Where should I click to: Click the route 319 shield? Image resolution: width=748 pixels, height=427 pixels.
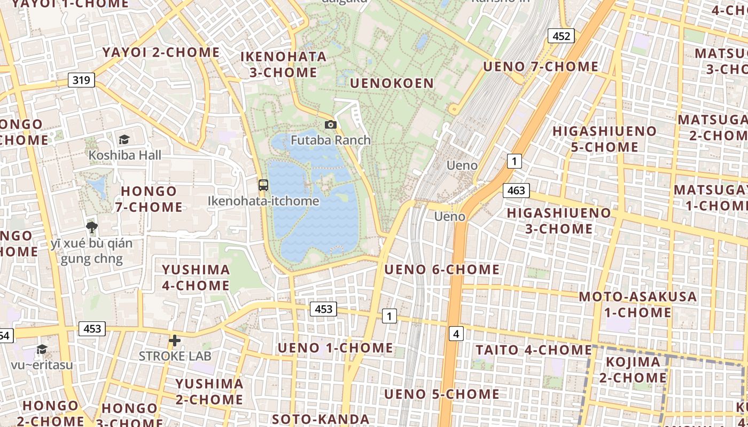point(81,80)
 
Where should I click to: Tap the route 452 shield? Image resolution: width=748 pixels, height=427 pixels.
point(561,36)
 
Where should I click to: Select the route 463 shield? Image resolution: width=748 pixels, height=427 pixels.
point(516,190)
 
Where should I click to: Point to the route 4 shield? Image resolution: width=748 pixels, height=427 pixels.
point(455,334)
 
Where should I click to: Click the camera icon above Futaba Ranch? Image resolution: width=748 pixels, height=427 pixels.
point(331,124)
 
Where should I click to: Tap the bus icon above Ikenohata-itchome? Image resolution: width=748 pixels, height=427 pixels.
point(263,185)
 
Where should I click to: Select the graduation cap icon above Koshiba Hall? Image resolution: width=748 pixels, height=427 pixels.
point(124,139)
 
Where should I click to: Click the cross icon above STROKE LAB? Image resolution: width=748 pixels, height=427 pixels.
point(175,340)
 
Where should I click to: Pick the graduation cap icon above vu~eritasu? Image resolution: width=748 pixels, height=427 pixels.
point(42,349)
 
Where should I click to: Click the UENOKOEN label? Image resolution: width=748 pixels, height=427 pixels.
point(392,83)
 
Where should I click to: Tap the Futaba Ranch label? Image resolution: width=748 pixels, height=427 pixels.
point(331,140)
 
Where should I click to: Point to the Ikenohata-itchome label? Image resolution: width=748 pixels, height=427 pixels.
point(263,201)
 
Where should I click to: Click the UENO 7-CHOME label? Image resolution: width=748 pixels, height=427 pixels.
point(540,67)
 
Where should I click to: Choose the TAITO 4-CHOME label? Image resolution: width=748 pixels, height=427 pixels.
point(534,350)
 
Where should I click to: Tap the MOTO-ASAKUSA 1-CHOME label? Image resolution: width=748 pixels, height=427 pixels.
point(638,304)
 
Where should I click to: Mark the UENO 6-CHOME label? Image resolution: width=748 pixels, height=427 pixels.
point(442,270)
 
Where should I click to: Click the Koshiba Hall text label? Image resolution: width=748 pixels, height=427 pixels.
point(125,155)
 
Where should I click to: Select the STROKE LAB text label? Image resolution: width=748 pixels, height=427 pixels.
point(175,355)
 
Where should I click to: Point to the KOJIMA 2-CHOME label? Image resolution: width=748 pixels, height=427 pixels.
point(636,370)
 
